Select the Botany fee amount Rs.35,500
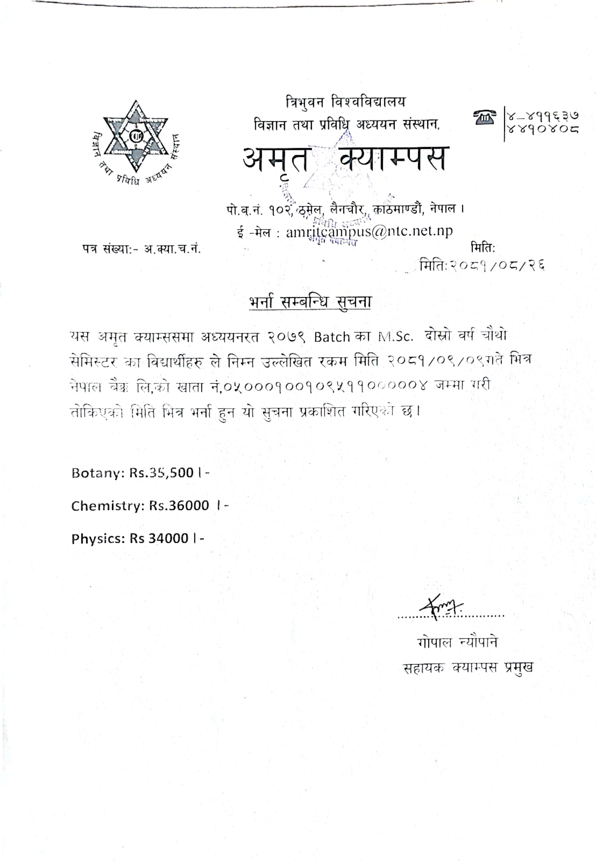tap(161, 473)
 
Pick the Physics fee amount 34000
tap(168, 538)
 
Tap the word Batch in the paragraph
tap(332, 337)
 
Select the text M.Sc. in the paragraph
tap(395, 337)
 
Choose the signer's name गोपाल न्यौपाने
tap(457, 643)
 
